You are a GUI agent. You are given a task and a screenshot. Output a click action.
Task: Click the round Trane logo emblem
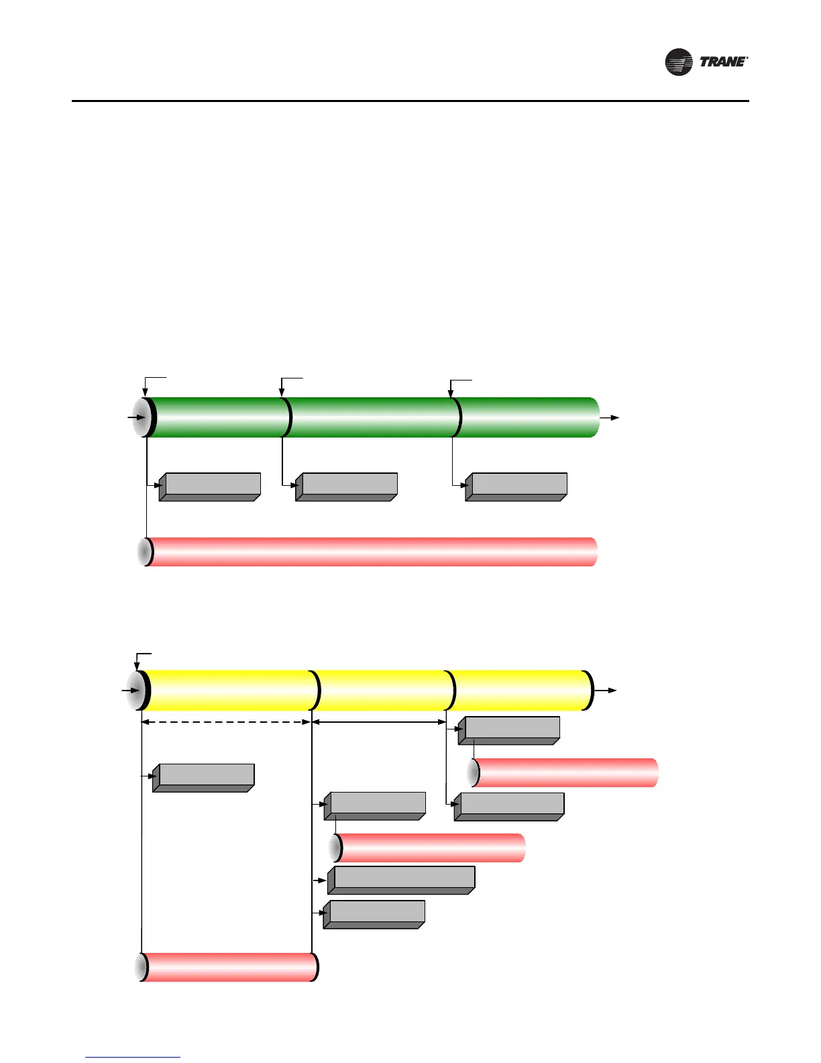pos(678,62)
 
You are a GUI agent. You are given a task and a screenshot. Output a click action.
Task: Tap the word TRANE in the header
pos(723,62)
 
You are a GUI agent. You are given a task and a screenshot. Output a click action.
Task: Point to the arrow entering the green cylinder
pos(136,417)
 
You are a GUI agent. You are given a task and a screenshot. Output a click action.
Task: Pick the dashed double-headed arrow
pos(226,722)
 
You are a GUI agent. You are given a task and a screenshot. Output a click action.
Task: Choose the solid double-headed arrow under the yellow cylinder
pos(379,722)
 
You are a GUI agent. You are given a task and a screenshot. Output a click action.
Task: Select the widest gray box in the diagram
pos(402,880)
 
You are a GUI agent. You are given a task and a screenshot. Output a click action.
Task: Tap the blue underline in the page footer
pos(133,1057)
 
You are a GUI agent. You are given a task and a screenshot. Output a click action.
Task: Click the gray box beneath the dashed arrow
pos(204,778)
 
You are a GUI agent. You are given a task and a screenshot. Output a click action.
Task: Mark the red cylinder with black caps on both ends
pos(228,967)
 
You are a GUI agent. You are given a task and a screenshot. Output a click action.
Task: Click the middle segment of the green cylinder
pos(372,417)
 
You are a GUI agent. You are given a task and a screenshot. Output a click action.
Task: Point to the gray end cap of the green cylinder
pos(142,417)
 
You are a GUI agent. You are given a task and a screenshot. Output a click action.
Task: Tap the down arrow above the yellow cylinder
pos(138,664)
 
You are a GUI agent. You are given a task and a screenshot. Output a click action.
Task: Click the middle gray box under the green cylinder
pos(347,487)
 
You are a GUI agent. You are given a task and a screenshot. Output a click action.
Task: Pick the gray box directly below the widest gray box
pos(374,914)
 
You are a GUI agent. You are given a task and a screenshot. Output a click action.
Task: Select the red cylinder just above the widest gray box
pos(429,848)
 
